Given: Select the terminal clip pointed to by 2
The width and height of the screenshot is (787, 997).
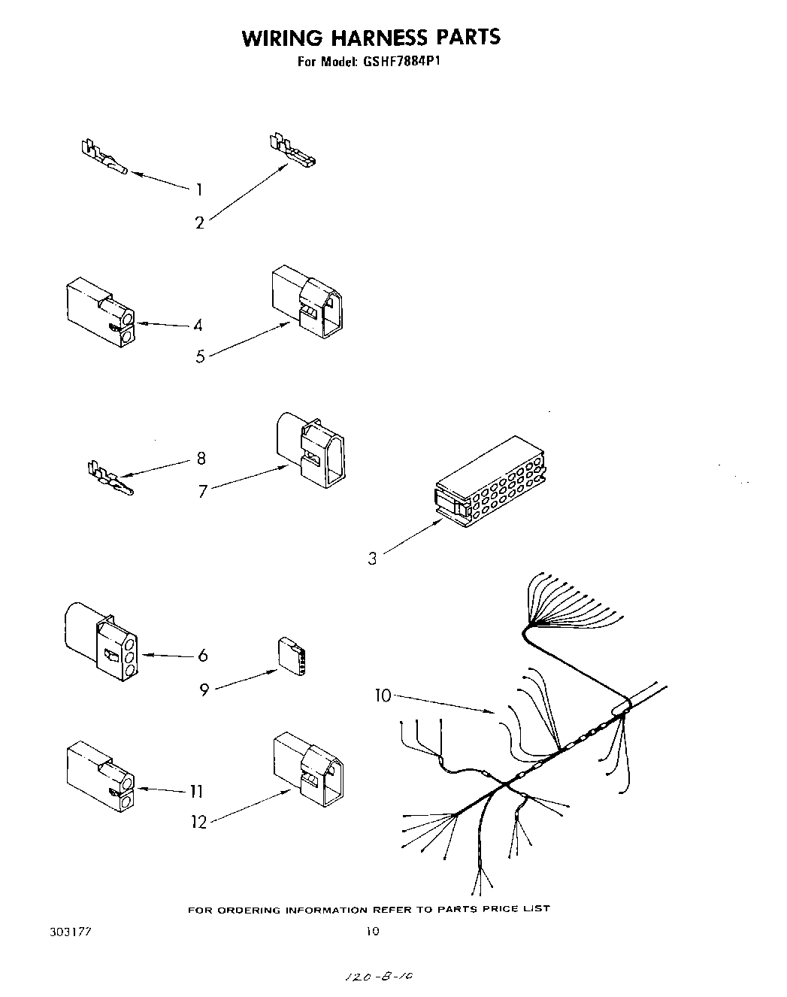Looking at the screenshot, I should point(292,151).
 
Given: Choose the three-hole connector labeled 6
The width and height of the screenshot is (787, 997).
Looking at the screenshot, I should point(101,642).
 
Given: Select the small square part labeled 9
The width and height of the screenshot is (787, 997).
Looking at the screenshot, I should point(292,656).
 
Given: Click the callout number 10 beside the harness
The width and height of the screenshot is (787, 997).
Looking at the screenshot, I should point(383,696).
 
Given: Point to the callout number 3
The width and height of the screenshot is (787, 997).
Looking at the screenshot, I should point(373,559).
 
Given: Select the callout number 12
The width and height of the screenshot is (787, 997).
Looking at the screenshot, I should point(198,822).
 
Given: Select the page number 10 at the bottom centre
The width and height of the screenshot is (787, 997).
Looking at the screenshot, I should point(372,931).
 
